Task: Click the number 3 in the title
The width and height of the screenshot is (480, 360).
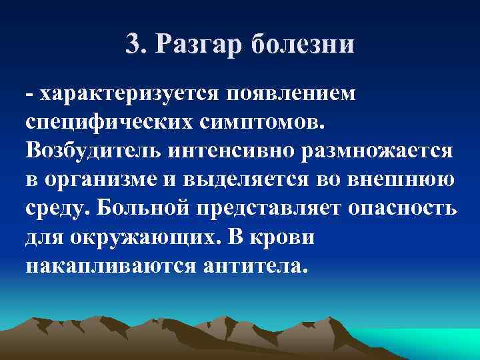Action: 133,45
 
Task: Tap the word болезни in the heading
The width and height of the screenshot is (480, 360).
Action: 303,45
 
